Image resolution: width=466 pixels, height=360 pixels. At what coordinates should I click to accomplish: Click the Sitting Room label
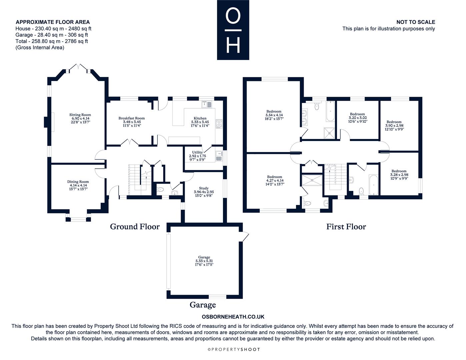pyautogui.click(x=80, y=118)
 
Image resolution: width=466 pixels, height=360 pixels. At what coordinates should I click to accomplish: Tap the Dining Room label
pyautogui.click(x=78, y=185)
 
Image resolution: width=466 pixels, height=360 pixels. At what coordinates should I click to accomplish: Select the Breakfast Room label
pyautogui.click(x=131, y=122)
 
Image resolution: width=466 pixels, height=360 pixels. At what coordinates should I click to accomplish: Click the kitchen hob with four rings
pyautogui.click(x=219, y=124)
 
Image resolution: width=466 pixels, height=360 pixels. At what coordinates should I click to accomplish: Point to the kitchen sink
pyautogui.click(x=207, y=104)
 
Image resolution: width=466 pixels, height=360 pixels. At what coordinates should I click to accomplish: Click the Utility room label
pyautogui.click(x=197, y=156)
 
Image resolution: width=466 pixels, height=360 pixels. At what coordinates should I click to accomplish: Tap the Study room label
pyautogui.click(x=204, y=192)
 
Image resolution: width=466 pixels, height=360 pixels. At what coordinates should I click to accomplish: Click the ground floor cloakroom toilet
pyautogui.click(x=160, y=190)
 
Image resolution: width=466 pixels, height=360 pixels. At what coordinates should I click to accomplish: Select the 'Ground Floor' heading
pyautogui.click(x=135, y=227)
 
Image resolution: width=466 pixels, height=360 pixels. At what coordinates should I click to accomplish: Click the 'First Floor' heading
pyautogui.click(x=346, y=227)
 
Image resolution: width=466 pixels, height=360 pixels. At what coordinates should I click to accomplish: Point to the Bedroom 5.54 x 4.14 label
pyautogui.click(x=274, y=115)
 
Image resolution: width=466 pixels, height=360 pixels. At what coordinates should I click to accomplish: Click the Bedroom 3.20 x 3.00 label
pyautogui.click(x=357, y=118)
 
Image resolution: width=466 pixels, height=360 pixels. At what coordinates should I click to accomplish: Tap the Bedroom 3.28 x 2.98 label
pyautogui.click(x=399, y=175)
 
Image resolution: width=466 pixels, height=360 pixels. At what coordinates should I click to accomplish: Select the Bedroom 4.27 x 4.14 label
pyautogui.click(x=275, y=180)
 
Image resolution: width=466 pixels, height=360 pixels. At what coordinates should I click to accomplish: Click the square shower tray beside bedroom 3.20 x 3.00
pyautogui.click(x=329, y=133)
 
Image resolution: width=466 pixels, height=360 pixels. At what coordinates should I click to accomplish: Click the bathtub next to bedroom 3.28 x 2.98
pyautogui.click(x=374, y=185)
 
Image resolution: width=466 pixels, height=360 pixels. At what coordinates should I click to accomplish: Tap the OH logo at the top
pyautogui.click(x=233, y=30)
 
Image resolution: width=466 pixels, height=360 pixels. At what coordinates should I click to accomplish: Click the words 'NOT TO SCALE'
pyautogui.click(x=416, y=22)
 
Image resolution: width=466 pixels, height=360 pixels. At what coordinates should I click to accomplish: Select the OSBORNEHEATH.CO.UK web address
pyautogui.click(x=233, y=317)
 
